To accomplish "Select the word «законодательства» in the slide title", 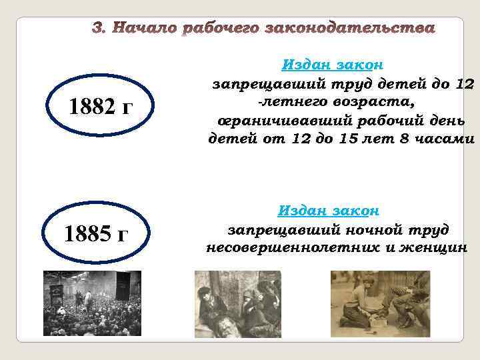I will click(350, 29).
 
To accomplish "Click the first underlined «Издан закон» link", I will click(332, 65).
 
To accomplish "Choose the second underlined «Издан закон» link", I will click(329, 211).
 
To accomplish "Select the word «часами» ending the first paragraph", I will click(449, 139).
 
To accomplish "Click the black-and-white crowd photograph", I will click(92, 303).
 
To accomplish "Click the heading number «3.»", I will click(100, 29).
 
